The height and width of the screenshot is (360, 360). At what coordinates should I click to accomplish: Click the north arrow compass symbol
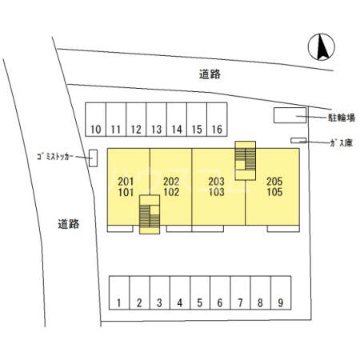pos(322,47)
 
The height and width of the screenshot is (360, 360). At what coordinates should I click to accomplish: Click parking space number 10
pos(95,119)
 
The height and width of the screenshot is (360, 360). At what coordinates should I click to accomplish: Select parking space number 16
pos(217,119)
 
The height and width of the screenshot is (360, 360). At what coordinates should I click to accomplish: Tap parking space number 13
pos(156,119)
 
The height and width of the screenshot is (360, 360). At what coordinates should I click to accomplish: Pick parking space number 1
pos(119,293)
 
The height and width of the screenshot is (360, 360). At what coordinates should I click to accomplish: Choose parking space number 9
pos(281,293)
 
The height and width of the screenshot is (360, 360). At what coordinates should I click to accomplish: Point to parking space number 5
pos(200,293)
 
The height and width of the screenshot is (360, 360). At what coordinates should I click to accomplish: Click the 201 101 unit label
pos(126,186)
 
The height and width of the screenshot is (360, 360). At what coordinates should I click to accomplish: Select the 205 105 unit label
pos(274,186)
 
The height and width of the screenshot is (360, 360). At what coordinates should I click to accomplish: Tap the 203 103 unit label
pos(217,186)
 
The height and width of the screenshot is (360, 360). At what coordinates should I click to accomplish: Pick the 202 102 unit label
pos(171,186)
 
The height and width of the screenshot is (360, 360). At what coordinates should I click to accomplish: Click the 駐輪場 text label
pos(342,118)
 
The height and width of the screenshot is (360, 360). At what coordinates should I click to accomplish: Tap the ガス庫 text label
pos(342,143)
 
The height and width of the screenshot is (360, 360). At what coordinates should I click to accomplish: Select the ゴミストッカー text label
pos(54,157)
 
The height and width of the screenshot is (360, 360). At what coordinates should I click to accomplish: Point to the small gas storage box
pos(298,140)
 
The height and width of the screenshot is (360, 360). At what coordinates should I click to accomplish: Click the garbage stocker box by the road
pos(93,158)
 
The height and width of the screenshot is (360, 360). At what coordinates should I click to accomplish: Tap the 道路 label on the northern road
pos(210,74)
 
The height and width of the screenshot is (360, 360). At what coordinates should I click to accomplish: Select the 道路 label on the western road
pos(69,224)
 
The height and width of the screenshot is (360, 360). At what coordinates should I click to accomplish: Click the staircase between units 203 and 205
pos(246,161)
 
